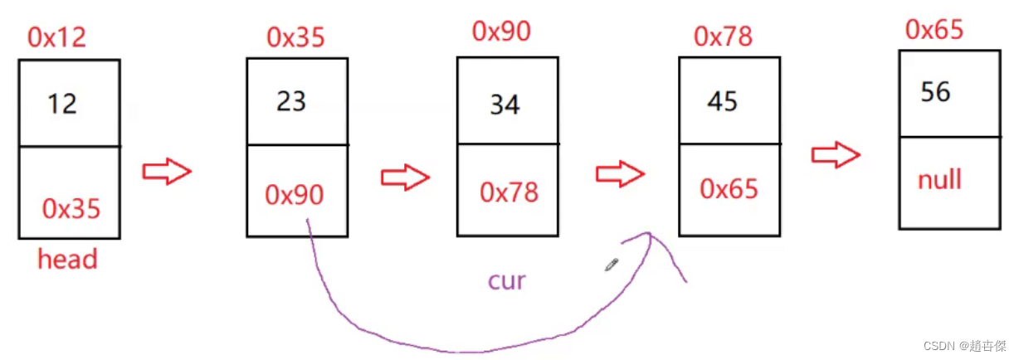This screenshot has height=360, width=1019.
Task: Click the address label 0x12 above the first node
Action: [x=56, y=36]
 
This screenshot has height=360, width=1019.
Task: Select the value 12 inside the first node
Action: [x=61, y=104]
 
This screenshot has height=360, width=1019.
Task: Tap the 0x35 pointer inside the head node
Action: [x=71, y=209]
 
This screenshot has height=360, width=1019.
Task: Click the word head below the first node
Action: [x=67, y=260]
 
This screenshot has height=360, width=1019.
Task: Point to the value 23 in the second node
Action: [x=291, y=101]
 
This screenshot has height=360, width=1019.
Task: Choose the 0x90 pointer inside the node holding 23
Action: [x=295, y=194]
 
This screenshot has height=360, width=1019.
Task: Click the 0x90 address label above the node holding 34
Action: [x=501, y=32]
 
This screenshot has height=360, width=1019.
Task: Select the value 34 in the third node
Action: [x=505, y=105]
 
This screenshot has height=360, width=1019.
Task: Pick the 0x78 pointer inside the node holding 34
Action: [x=509, y=192]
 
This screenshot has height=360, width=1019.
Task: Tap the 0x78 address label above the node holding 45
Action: [x=723, y=36]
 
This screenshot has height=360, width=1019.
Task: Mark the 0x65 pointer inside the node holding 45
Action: [x=729, y=189]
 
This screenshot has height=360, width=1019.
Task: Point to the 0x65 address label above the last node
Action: [x=934, y=30]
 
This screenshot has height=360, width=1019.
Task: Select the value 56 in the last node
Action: [x=935, y=91]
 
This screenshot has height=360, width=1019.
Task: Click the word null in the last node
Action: [x=939, y=179]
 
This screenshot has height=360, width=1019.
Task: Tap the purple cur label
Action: [x=506, y=280]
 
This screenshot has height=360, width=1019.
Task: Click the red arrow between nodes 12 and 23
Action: [x=167, y=172]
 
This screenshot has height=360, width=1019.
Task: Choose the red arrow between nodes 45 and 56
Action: [x=836, y=154]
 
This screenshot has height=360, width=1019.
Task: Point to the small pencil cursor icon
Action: [x=612, y=265]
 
